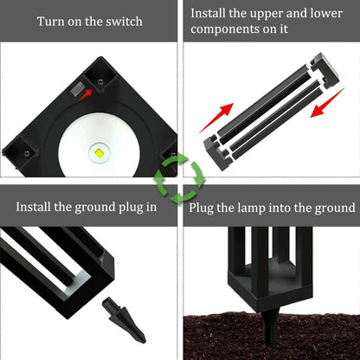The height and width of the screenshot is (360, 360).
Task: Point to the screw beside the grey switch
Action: pos(101,80)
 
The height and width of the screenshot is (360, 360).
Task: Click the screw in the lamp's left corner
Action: pos(26,152)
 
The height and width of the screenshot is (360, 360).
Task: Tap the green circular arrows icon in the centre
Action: pos(179,179)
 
